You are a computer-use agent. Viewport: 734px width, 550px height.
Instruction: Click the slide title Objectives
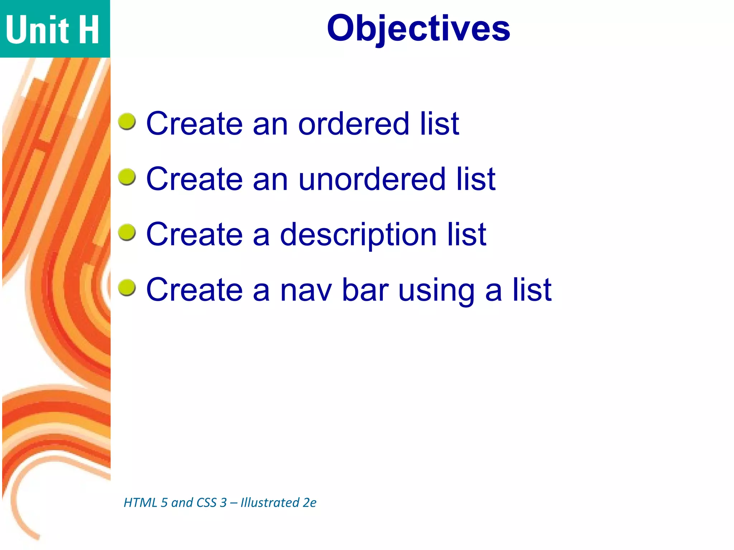point(418,29)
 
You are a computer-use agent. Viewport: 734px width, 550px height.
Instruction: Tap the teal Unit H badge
point(54,29)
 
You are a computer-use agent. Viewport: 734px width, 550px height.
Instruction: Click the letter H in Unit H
point(89,30)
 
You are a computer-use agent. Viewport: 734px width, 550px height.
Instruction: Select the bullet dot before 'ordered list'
point(127,122)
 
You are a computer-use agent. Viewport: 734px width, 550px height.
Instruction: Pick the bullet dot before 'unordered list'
point(127,177)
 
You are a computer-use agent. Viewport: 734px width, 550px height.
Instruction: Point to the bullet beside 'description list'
point(127,233)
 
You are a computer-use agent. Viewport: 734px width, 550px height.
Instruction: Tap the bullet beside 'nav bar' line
point(127,288)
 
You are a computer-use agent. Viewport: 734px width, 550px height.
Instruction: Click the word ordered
point(353,124)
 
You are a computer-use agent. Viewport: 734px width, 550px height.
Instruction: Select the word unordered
point(371,179)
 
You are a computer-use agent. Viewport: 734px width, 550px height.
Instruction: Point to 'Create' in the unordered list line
point(194,179)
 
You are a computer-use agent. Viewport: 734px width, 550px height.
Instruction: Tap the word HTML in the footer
point(140,503)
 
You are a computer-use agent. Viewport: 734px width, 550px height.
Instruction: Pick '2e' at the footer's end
point(309,503)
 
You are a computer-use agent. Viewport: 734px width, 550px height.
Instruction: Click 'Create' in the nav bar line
point(194,290)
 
